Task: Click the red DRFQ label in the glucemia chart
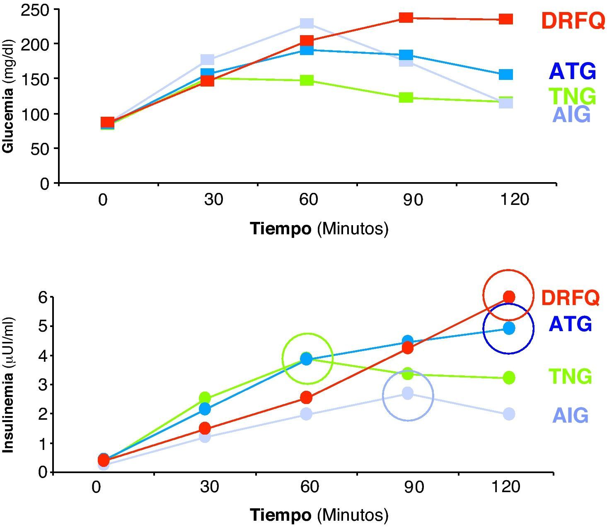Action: [x=573, y=20]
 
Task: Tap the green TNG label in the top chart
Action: [x=572, y=96]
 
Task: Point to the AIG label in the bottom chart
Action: [x=570, y=415]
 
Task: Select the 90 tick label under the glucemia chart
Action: [x=413, y=200]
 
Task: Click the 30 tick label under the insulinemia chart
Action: [x=209, y=487]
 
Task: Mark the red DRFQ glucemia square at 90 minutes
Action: [x=406, y=17]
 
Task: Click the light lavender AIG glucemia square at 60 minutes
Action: [x=307, y=23]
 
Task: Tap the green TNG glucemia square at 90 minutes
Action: [x=406, y=98]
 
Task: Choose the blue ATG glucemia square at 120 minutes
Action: [x=506, y=75]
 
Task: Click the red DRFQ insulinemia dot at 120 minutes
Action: [x=509, y=297]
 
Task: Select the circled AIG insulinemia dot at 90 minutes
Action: [x=408, y=393]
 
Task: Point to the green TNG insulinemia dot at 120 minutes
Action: [x=509, y=378]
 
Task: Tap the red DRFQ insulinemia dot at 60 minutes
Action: [x=306, y=398]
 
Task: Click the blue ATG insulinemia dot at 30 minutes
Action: [x=205, y=409]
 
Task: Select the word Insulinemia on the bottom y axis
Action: [x=8, y=416]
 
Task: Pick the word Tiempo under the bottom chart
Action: [x=281, y=515]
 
